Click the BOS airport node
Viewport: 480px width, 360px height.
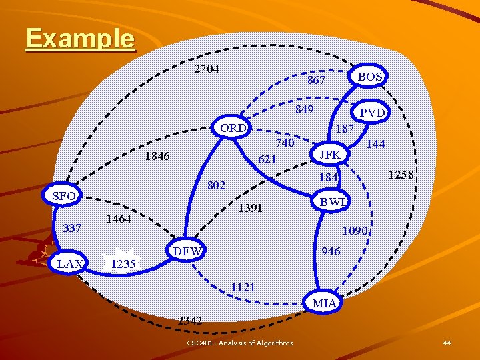click(370, 77)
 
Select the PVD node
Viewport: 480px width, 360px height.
click(372, 113)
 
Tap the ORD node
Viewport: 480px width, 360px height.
click(233, 127)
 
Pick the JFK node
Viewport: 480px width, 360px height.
click(330, 155)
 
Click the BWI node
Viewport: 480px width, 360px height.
click(332, 201)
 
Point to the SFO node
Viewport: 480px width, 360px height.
click(63, 195)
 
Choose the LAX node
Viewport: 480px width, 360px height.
click(70, 263)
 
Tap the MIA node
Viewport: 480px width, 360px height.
click(325, 303)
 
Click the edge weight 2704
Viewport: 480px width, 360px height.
click(207, 69)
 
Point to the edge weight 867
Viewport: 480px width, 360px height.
click(316, 80)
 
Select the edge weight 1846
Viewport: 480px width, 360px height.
click(157, 156)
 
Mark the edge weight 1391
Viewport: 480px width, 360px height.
click(251, 208)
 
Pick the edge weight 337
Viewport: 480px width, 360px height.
click(71, 228)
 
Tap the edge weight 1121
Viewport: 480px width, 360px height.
click(243, 287)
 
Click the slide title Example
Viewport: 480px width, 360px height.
click(80, 38)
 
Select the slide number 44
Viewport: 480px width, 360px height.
click(447, 343)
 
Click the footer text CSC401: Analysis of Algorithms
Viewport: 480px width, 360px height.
click(239, 343)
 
